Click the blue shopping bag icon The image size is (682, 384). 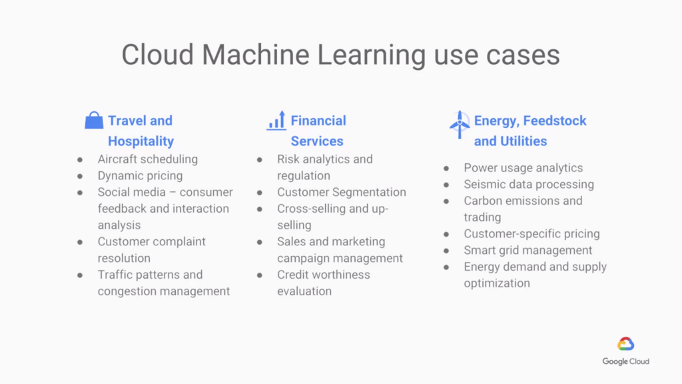click(94, 120)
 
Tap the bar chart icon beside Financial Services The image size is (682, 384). click(276, 120)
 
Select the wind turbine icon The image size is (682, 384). click(460, 125)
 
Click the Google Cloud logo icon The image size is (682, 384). click(625, 344)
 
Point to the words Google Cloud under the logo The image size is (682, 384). click(625, 361)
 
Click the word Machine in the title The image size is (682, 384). click(255, 55)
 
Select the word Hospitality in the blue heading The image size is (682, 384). click(141, 141)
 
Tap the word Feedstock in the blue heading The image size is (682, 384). click(555, 121)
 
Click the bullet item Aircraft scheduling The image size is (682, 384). click(147, 159)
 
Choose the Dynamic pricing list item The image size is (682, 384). click(140, 176)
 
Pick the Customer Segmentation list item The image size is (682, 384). click(342, 192)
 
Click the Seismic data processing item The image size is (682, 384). click(528, 184)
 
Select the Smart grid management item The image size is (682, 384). click(527, 251)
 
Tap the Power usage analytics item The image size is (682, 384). click(523, 167)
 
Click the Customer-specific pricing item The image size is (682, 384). click(531, 234)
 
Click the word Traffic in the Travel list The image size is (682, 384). click(114, 275)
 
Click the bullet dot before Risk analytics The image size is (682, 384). click(260, 160)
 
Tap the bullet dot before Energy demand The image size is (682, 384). click(446, 267)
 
